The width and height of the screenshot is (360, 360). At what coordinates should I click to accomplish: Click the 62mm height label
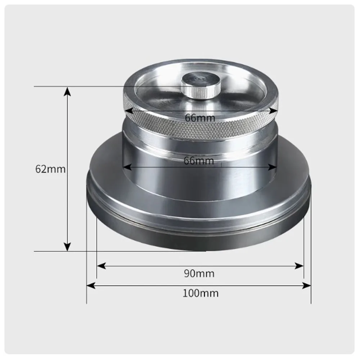coord(50,169)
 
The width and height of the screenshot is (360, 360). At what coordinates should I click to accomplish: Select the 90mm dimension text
coord(199,274)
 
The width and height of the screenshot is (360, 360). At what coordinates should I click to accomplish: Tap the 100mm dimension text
coord(200,293)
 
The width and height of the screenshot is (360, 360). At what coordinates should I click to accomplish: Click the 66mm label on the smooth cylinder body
coord(199,161)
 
